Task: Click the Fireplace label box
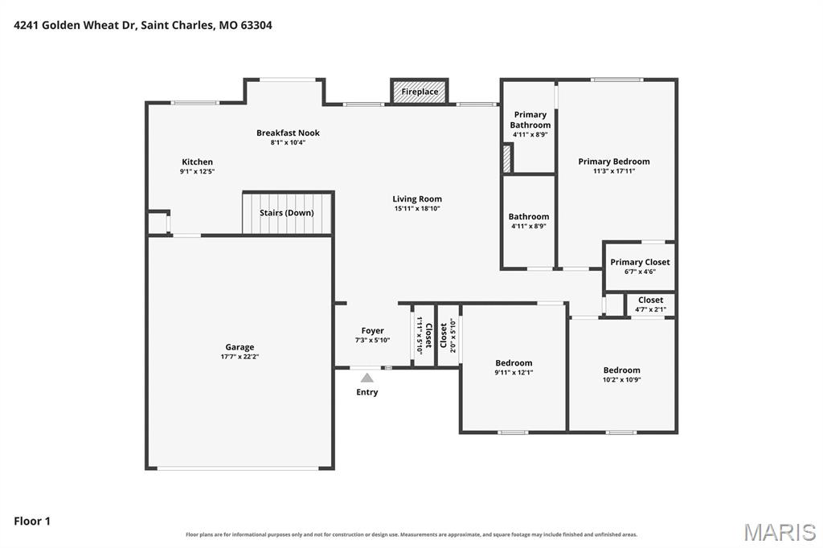pyautogui.click(x=420, y=92)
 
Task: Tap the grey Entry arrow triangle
pyautogui.click(x=366, y=378)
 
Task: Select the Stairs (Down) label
pyautogui.click(x=287, y=213)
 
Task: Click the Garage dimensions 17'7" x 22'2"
pyautogui.click(x=240, y=357)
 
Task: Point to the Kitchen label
pyautogui.click(x=198, y=162)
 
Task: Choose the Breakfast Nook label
pyautogui.click(x=288, y=133)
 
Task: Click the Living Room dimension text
pyautogui.click(x=417, y=208)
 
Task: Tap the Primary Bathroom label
pyautogui.click(x=530, y=120)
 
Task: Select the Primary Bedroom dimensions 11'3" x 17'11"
pyautogui.click(x=614, y=170)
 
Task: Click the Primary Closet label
pyautogui.click(x=640, y=262)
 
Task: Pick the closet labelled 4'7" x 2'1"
pyautogui.click(x=650, y=305)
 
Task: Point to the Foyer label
pyautogui.click(x=373, y=331)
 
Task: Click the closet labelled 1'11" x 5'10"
pyautogui.click(x=424, y=335)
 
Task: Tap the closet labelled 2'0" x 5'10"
pyautogui.click(x=448, y=335)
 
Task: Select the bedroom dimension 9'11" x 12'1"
pyautogui.click(x=514, y=373)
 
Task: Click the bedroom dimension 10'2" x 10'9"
pyautogui.click(x=622, y=379)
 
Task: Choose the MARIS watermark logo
pyautogui.click(x=780, y=532)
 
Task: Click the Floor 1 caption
pyautogui.click(x=32, y=521)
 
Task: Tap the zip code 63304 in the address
pyautogui.click(x=256, y=25)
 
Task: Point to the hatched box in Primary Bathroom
pyautogui.click(x=507, y=158)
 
